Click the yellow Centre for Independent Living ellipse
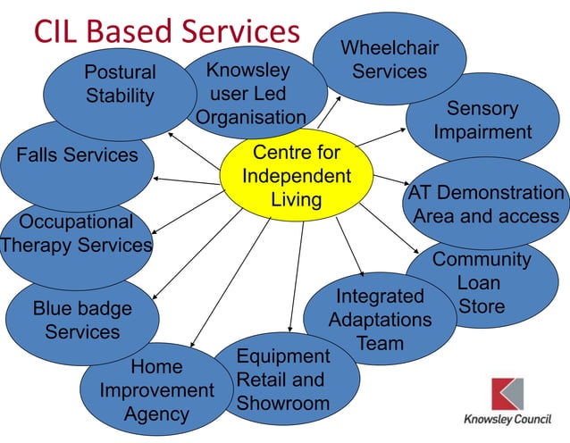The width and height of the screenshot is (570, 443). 297,176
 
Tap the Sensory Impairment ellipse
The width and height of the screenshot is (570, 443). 482,121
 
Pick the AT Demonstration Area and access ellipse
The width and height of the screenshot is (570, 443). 487,204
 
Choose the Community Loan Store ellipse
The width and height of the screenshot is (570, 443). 482,283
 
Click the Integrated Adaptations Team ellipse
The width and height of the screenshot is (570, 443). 380,319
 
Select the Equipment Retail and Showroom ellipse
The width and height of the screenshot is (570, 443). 283,380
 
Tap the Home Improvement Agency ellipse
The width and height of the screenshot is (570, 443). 156,390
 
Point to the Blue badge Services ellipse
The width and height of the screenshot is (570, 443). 82,320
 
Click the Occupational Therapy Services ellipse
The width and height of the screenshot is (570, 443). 76,234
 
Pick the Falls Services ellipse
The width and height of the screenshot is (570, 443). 77,155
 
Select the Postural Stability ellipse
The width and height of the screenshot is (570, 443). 120,83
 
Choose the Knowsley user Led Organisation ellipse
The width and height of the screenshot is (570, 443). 250,93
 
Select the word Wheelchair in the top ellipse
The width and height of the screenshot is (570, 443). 390,46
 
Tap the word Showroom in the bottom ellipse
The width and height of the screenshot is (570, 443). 283,403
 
